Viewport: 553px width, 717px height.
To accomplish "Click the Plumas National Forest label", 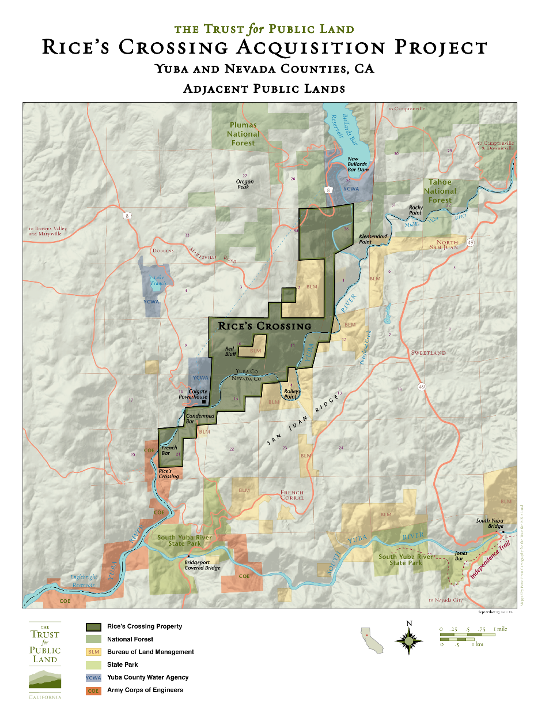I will pos(243,134).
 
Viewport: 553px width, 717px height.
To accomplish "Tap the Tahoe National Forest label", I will pos(440,191).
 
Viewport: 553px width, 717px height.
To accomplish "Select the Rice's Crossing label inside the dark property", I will pos(264,326).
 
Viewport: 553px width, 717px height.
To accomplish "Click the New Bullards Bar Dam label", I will pos(358,164).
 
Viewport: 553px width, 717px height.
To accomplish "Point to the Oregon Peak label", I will pos(245,184).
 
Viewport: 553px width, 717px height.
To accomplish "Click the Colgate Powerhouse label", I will pos(194,394).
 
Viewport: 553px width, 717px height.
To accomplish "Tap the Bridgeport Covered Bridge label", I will pos(202,565).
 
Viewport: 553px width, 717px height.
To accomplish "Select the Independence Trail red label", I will pos(490,560).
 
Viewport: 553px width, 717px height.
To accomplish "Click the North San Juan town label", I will pos(444,245).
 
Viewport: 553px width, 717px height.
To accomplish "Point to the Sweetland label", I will pos(428,352).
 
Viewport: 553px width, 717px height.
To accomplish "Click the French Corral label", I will pos(292,495).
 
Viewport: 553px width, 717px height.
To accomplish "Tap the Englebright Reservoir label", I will pos(84,581).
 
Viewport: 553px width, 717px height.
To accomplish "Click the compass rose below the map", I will pos(409,640).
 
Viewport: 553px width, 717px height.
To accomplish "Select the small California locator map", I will pos(372,640).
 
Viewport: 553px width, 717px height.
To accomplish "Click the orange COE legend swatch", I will pos(93,690).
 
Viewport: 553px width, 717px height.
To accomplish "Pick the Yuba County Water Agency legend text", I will pos(147,677).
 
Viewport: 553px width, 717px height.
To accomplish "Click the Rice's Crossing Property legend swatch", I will pos(93,626).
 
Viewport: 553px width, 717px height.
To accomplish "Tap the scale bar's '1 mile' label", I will pos(500,629).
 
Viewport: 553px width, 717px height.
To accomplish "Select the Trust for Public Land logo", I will pos(45,661).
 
